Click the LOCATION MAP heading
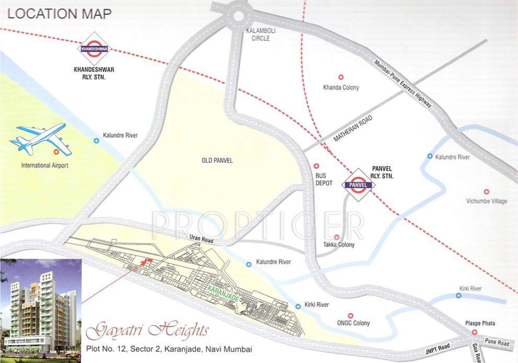[59, 13]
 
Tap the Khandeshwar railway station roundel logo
[94, 49]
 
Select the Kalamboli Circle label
[260, 35]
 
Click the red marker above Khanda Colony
[341, 77]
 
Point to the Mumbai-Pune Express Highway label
[403, 84]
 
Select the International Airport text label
[44, 166]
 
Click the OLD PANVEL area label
[217, 161]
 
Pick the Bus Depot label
[321, 180]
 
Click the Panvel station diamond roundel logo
[358, 185]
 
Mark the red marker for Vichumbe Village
[486, 191]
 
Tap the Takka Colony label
[339, 245]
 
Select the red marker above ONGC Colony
[350, 315]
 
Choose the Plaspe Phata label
[480, 323]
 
